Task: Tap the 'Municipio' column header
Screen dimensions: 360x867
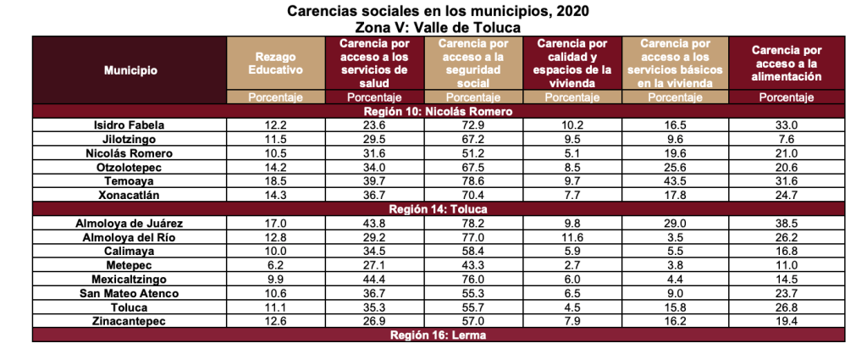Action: pyautogui.click(x=130, y=70)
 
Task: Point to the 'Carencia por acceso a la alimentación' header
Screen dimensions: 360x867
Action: pyautogui.click(x=787, y=64)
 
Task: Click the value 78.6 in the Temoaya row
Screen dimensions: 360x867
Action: pyautogui.click(x=474, y=181)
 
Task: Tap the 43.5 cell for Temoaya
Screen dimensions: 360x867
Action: pyautogui.click(x=676, y=181)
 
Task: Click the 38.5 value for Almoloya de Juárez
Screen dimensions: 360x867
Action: pyautogui.click(x=787, y=223)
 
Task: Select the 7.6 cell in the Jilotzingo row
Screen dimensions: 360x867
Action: pyautogui.click(x=787, y=139)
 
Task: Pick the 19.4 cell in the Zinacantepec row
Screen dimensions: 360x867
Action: pyautogui.click(x=787, y=321)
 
